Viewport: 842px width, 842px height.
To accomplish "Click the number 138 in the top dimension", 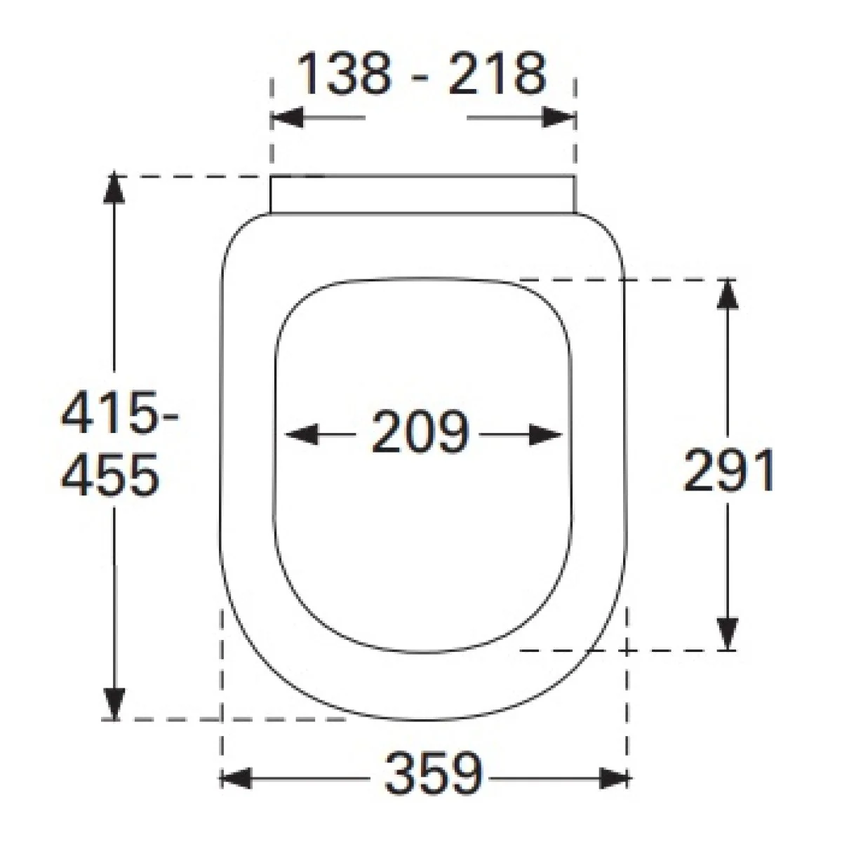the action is pyautogui.click(x=344, y=73).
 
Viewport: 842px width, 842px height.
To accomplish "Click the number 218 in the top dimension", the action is pyautogui.click(x=497, y=73).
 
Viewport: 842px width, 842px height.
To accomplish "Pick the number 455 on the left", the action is pyautogui.click(x=109, y=474).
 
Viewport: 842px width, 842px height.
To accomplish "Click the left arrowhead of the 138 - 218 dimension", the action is pyautogui.click(x=287, y=118).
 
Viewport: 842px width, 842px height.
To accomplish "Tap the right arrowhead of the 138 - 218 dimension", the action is pyautogui.click(x=559, y=118).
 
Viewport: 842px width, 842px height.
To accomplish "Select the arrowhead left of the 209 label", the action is pyautogui.click(x=302, y=434).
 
